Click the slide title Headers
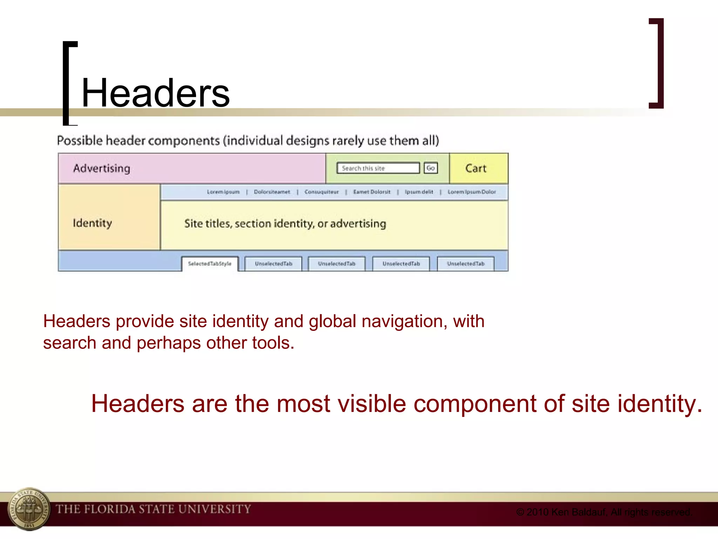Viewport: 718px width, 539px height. (155, 93)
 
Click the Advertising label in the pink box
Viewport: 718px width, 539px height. (101, 168)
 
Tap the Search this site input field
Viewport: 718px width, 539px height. (378, 168)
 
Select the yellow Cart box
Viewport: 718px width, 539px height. (479, 168)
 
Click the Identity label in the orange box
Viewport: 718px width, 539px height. (92, 223)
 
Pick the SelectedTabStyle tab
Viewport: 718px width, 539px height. (210, 264)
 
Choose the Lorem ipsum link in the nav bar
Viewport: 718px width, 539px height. (223, 192)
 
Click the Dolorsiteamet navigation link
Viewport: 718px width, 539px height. (272, 192)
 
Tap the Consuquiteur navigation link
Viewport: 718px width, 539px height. (321, 192)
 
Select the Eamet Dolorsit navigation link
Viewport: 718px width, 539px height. (372, 192)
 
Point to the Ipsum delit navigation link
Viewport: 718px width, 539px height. (419, 192)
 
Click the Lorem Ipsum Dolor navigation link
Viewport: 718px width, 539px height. (472, 192)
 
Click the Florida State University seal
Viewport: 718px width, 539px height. (29, 509)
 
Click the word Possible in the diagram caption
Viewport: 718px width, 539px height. (80, 141)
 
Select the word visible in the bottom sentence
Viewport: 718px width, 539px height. (368, 404)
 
